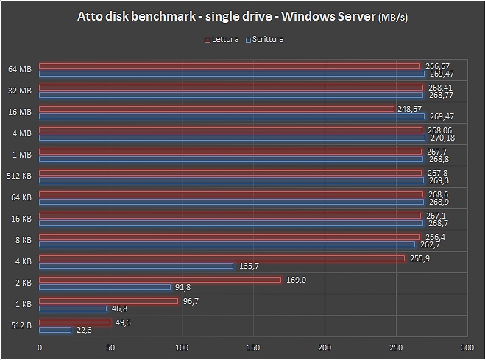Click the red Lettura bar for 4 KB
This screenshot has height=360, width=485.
(221, 258)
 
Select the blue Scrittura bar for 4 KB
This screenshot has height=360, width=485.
(136, 266)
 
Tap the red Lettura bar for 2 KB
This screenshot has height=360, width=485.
(160, 280)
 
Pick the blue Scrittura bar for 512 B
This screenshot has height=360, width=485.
(55, 330)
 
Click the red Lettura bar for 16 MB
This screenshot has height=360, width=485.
(217, 109)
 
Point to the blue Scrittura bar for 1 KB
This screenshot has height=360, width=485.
(73, 308)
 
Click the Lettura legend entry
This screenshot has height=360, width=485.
(222, 39)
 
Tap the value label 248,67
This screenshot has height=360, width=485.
(409, 109)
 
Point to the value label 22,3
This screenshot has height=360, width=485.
(85, 331)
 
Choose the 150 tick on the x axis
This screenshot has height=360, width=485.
(252, 347)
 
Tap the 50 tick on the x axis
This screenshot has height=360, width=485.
(110, 347)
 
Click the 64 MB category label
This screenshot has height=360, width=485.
(20, 70)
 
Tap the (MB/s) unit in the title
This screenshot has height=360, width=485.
(394, 18)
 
